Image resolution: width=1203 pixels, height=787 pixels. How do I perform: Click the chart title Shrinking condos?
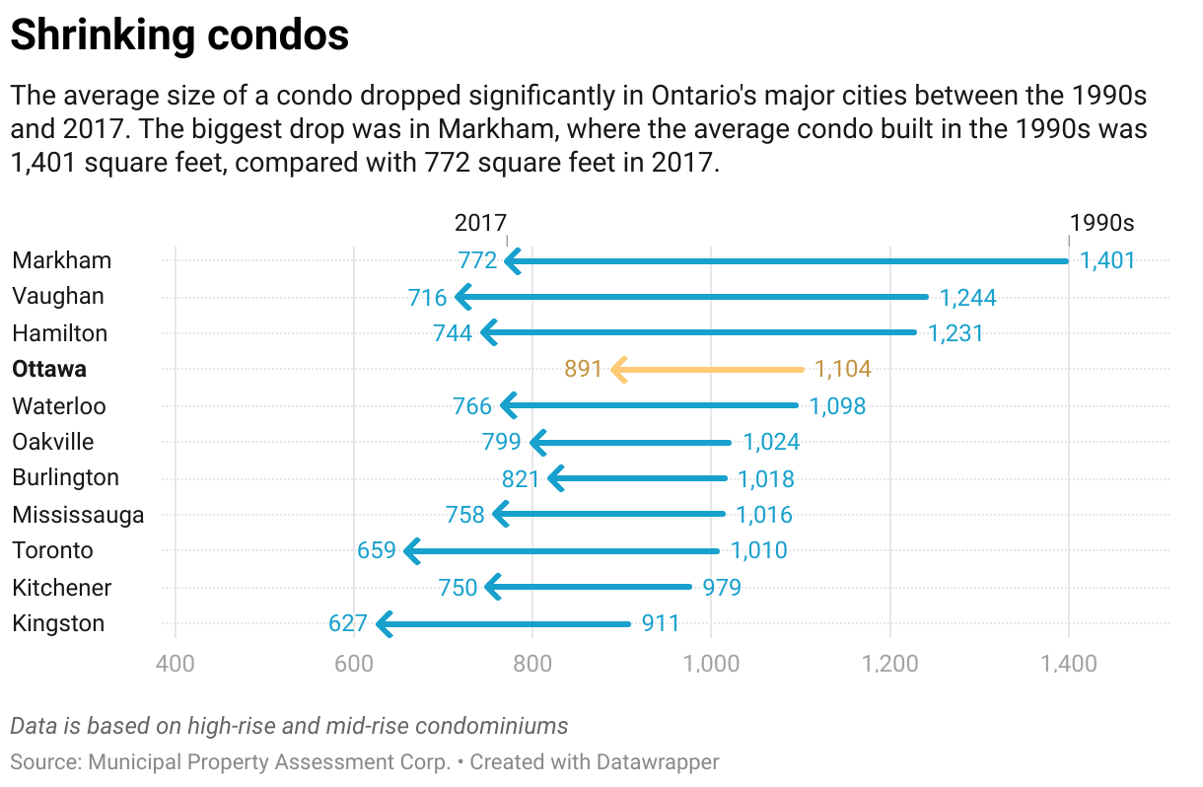(x=179, y=36)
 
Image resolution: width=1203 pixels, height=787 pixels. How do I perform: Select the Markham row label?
(x=61, y=260)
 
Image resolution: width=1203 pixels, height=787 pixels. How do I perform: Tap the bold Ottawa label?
(x=49, y=370)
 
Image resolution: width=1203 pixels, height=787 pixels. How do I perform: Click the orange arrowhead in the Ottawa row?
(x=619, y=370)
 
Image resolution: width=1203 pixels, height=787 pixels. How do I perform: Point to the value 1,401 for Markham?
(x=1107, y=261)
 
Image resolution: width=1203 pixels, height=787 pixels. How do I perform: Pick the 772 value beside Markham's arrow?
(x=477, y=261)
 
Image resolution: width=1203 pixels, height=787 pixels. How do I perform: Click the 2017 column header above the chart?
(x=480, y=223)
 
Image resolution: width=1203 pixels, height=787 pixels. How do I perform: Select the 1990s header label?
(x=1102, y=223)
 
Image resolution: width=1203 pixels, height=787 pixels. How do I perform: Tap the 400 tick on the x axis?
(x=176, y=663)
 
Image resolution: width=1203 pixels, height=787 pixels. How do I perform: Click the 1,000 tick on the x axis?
(x=711, y=663)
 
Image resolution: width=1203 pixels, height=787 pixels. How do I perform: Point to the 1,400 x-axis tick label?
(x=1068, y=663)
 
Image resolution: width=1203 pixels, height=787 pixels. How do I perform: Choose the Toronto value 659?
(x=377, y=550)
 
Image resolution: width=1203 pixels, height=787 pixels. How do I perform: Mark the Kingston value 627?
(x=348, y=623)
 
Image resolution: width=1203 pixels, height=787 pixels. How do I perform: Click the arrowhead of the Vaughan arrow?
(x=462, y=297)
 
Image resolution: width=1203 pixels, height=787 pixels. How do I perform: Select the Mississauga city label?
(x=78, y=515)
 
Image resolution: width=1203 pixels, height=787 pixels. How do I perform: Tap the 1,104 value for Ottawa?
(x=843, y=370)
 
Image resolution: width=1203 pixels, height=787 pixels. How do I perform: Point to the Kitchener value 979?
(x=722, y=588)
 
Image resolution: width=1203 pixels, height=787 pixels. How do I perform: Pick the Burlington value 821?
(x=521, y=478)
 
